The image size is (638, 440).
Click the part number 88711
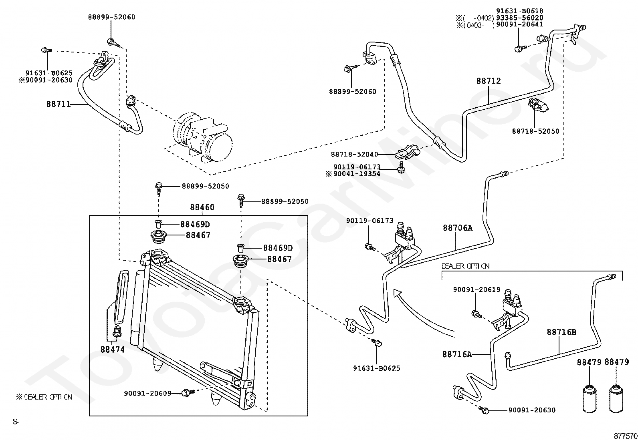(58, 104)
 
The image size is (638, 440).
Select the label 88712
(489, 81)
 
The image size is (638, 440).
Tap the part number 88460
(202, 207)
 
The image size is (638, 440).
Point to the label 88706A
(457, 228)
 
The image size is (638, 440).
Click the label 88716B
(561, 332)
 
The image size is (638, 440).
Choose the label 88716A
(457, 354)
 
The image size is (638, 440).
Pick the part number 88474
(112, 350)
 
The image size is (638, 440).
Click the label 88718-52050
(535, 131)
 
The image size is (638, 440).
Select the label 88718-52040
(354, 154)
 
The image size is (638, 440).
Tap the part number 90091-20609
(148, 394)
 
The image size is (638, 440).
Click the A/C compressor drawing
(203, 138)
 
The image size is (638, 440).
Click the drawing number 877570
(626, 436)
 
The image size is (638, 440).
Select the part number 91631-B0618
(519, 11)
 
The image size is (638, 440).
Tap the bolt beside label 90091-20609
(187, 393)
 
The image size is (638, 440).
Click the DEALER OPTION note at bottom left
(44, 397)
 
